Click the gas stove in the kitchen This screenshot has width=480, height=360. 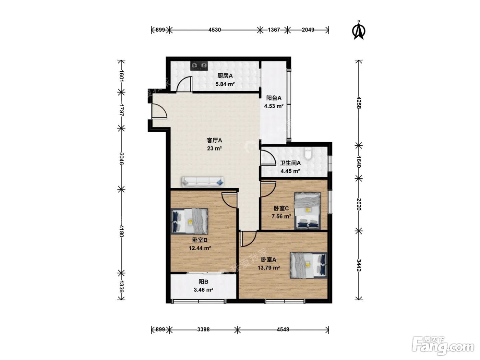click(199, 65)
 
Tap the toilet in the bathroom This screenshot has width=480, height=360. click(308, 154)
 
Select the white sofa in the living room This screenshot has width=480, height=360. click(203, 182)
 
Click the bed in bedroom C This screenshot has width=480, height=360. click(308, 211)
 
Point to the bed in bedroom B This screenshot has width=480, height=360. click(189, 221)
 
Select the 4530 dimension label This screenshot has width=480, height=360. click(215, 30)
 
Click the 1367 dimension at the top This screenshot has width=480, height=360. click(274, 30)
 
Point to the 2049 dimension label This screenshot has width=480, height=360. click(308, 30)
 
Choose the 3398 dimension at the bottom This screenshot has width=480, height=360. click(203, 329)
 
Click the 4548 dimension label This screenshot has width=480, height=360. click(283, 329)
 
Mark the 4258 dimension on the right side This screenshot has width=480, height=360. click(359, 103)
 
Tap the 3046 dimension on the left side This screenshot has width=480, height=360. click(122, 158)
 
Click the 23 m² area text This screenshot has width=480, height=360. click(214, 148)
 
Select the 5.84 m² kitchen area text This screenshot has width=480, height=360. click(225, 84)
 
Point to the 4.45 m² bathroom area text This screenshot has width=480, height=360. click(290, 171)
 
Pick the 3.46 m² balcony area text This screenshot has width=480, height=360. click(203, 290)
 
